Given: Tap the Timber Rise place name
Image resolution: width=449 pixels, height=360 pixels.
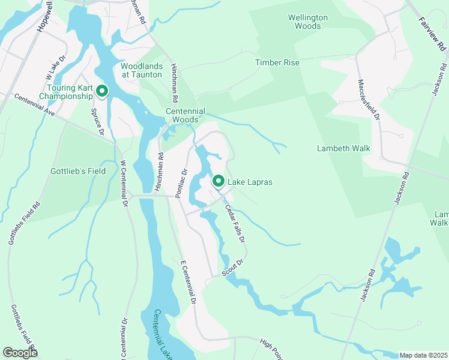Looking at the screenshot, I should pyautogui.click(x=277, y=62).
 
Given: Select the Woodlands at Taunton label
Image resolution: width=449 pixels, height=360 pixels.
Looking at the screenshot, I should pyautogui.click(x=142, y=70).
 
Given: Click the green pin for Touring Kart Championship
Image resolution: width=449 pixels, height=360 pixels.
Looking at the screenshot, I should pyautogui.click(x=102, y=91).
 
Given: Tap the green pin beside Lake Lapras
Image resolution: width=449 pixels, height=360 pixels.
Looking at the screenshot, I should pyautogui.click(x=219, y=180).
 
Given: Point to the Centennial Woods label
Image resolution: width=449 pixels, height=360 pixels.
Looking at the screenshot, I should pyautogui.click(x=185, y=115).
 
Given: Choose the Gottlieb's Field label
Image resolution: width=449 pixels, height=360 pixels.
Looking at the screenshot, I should pyautogui.click(x=77, y=171).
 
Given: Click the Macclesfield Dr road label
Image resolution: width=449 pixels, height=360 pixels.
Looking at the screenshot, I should pyautogui.click(x=369, y=100).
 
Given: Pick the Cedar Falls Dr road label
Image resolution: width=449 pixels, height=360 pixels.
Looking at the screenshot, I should pyautogui.click(x=235, y=223).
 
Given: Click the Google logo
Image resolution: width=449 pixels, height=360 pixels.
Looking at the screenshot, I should pyautogui.click(x=20, y=353).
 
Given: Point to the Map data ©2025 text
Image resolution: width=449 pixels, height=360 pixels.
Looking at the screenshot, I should pyautogui.click(x=423, y=355).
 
